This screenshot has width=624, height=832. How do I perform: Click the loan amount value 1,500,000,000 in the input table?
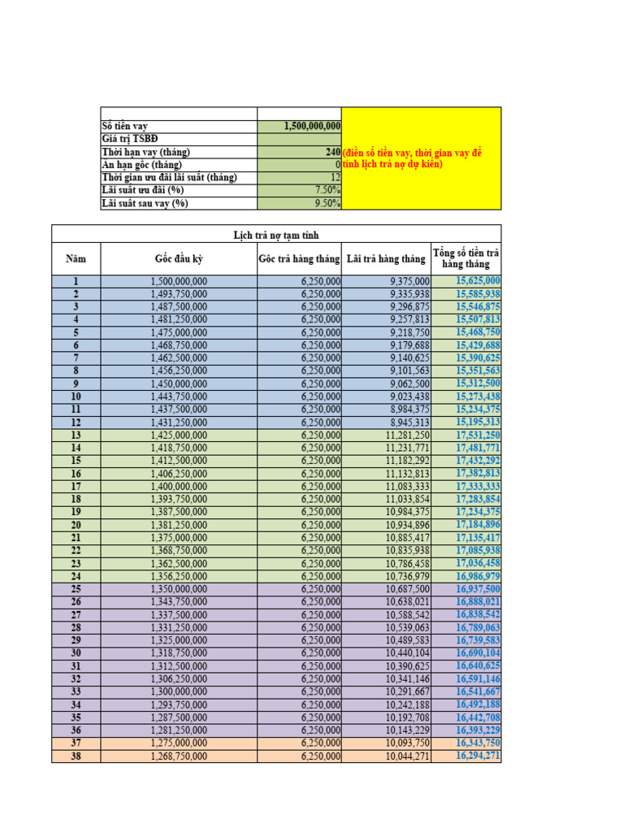[x=312, y=126]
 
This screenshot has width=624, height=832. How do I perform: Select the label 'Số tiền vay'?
[x=124, y=126]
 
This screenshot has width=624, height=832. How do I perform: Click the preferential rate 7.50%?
[x=325, y=190]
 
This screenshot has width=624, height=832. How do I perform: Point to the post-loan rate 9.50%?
[x=325, y=203]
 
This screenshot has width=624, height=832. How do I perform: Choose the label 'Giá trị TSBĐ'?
[x=129, y=139]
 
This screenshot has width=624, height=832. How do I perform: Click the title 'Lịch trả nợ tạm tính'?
[x=276, y=236]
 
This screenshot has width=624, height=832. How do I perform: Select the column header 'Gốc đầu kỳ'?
[x=178, y=259]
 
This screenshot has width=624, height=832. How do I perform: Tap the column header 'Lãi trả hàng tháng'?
[x=386, y=259]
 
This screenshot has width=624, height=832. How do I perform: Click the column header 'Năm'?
[x=76, y=259]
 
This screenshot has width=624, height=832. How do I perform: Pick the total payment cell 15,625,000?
[x=478, y=281]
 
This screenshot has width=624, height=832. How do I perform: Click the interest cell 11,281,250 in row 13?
[x=407, y=435]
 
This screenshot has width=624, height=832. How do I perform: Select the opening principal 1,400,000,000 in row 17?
[x=179, y=486]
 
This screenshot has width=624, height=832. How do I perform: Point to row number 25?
[x=76, y=588]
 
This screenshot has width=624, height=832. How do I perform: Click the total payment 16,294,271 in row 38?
[x=478, y=756]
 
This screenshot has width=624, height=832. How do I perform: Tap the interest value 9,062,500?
[x=409, y=383]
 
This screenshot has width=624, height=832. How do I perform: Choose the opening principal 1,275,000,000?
[x=179, y=743]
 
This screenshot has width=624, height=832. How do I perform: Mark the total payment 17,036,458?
[x=478, y=563]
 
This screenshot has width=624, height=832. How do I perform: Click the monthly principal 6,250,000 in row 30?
[x=320, y=652]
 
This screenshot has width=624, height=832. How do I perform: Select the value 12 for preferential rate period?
[x=335, y=177]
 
